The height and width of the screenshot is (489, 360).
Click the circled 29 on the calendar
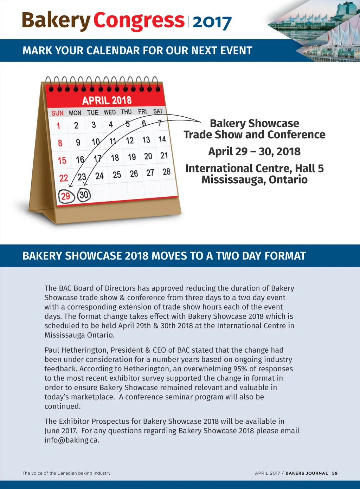(66, 196)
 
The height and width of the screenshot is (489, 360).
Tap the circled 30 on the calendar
(84, 195)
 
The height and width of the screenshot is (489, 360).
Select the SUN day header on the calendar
(57, 113)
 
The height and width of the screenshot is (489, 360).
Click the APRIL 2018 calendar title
(107, 100)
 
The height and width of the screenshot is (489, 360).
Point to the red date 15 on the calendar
(62, 161)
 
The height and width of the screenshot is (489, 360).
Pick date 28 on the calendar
(166, 172)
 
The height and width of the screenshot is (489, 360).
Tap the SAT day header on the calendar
(158, 111)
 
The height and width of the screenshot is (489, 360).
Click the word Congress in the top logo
(139, 21)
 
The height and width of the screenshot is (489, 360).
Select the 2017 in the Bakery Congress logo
(212, 22)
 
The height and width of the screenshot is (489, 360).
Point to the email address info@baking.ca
(72, 440)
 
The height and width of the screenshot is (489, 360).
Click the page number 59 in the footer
(335, 473)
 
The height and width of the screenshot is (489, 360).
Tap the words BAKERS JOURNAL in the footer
(307, 473)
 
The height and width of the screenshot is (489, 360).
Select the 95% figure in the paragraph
(241, 369)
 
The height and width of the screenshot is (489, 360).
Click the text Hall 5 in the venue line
(309, 168)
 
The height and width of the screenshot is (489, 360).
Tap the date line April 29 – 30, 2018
(254, 151)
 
